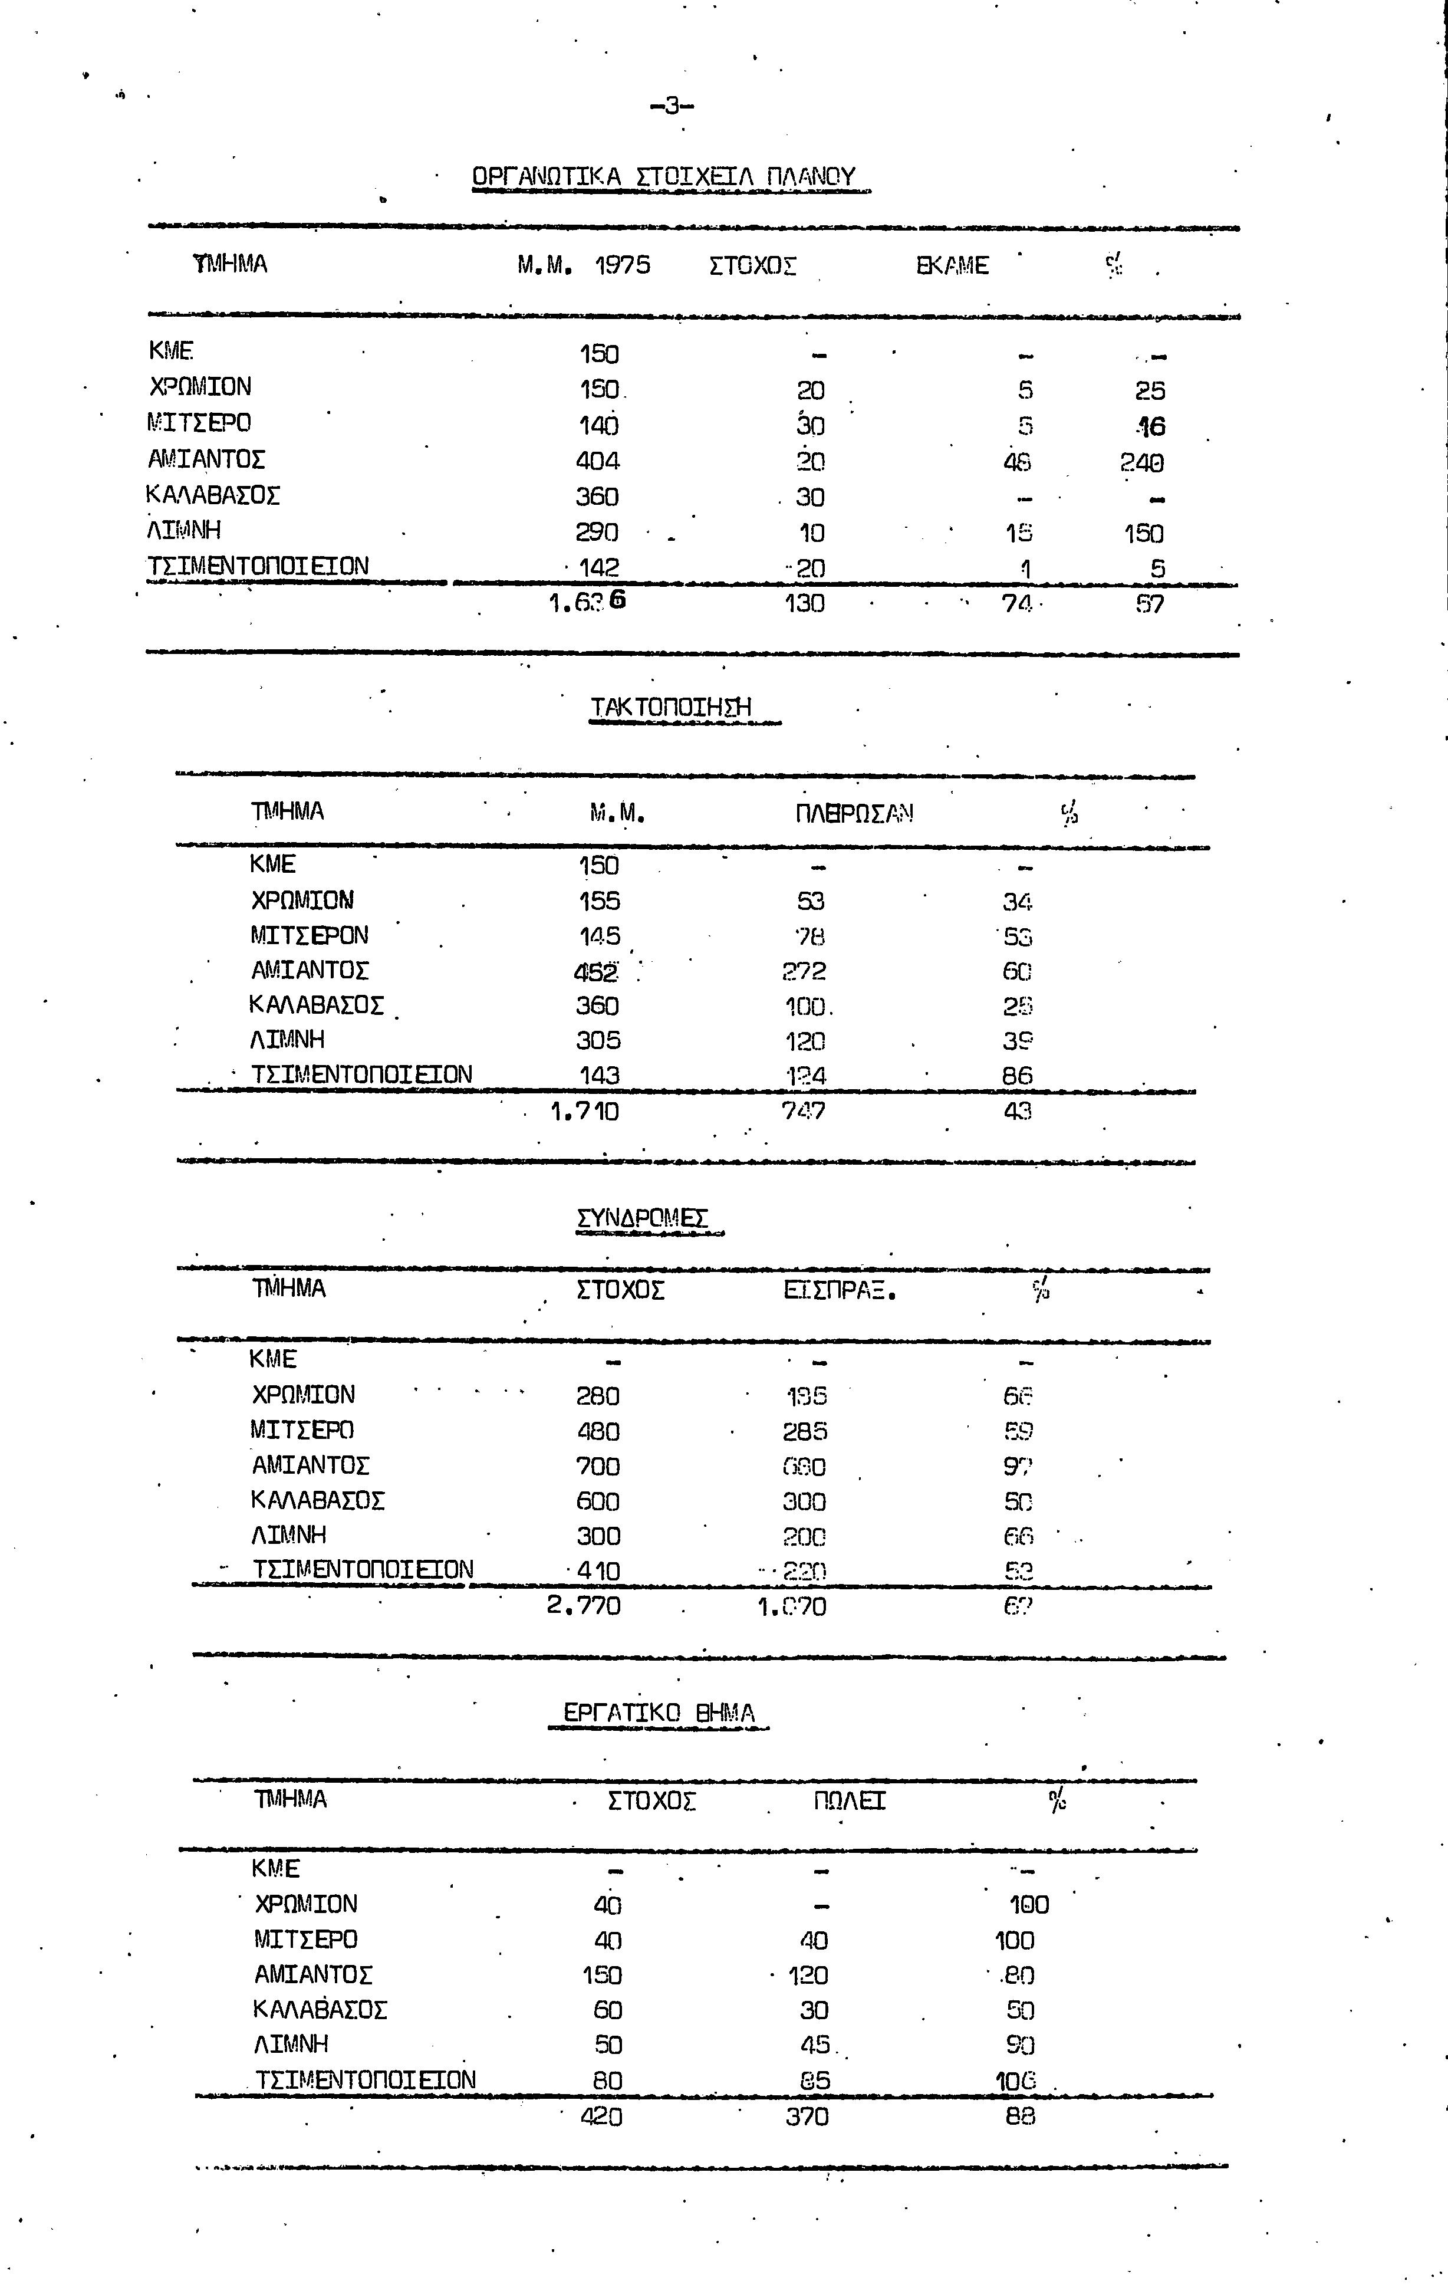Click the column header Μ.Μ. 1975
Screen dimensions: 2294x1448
(x=584, y=265)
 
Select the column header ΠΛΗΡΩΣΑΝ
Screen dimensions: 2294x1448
(x=854, y=814)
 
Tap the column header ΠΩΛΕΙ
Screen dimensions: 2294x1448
(x=850, y=1800)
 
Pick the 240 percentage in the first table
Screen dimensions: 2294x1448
(x=1142, y=463)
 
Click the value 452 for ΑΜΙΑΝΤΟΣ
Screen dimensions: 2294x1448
(x=596, y=972)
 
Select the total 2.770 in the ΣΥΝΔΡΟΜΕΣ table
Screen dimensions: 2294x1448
(x=584, y=1606)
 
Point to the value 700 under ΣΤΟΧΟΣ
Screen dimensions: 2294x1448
(x=598, y=1466)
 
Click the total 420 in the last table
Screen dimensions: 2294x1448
(x=601, y=2117)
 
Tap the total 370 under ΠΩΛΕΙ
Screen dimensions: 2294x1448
(x=807, y=2117)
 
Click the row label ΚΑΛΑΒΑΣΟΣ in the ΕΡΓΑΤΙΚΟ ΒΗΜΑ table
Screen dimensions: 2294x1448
(x=320, y=2010)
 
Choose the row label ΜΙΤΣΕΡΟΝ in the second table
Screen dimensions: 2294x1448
(x=310, y=935)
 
